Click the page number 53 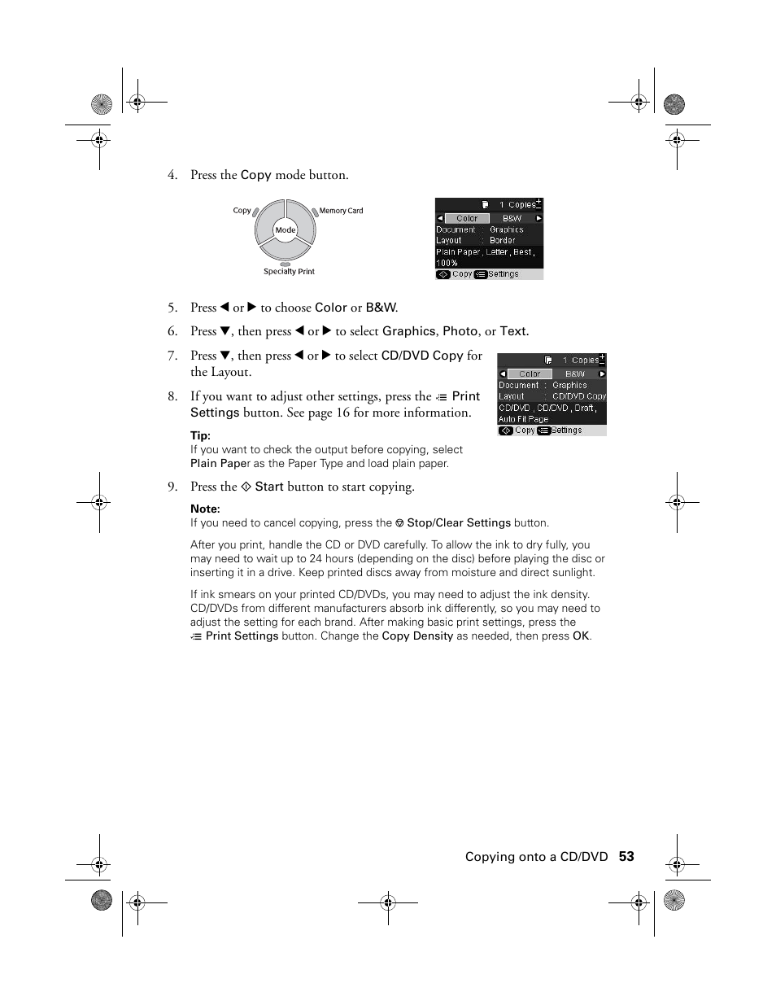pyautogui.click(x=626, y=856)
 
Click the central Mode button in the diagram pyautogui.click(x=285, y=230)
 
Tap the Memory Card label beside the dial pyautogui.click(x=341, y=211)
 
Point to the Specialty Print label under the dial pyautogui.click(x=289, y=272)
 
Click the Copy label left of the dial pyautogui.click(x=242, y=211)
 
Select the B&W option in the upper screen pyautogui.click(x=512, y=218)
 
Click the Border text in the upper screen pyautogui.click(x=502, y=241)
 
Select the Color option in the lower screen pyautogui.click(x=530, y=374)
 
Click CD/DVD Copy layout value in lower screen pyautogui.click(x=578, y=396)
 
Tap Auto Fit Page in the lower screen pyautogui.click(x=523, y=419)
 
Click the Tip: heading pyautogui.click(x=200, y=435)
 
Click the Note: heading pyautogui.click(x=205, y=509)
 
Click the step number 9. pyautogui.click(x=172, y=487)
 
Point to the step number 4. pyautogui.click(x=172, y=175)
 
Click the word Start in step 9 pyautogui.click(x=268, y=487)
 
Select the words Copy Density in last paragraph pyautogui.click(x=417, y=636)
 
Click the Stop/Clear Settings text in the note pyautogui.click(x=459, y=523)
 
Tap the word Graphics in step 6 pyautogui.click(x=409, y=331)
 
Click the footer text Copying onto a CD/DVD pyautogui.click(x=536, y=856)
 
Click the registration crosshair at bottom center pyautogui.click(x=388, y=902)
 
